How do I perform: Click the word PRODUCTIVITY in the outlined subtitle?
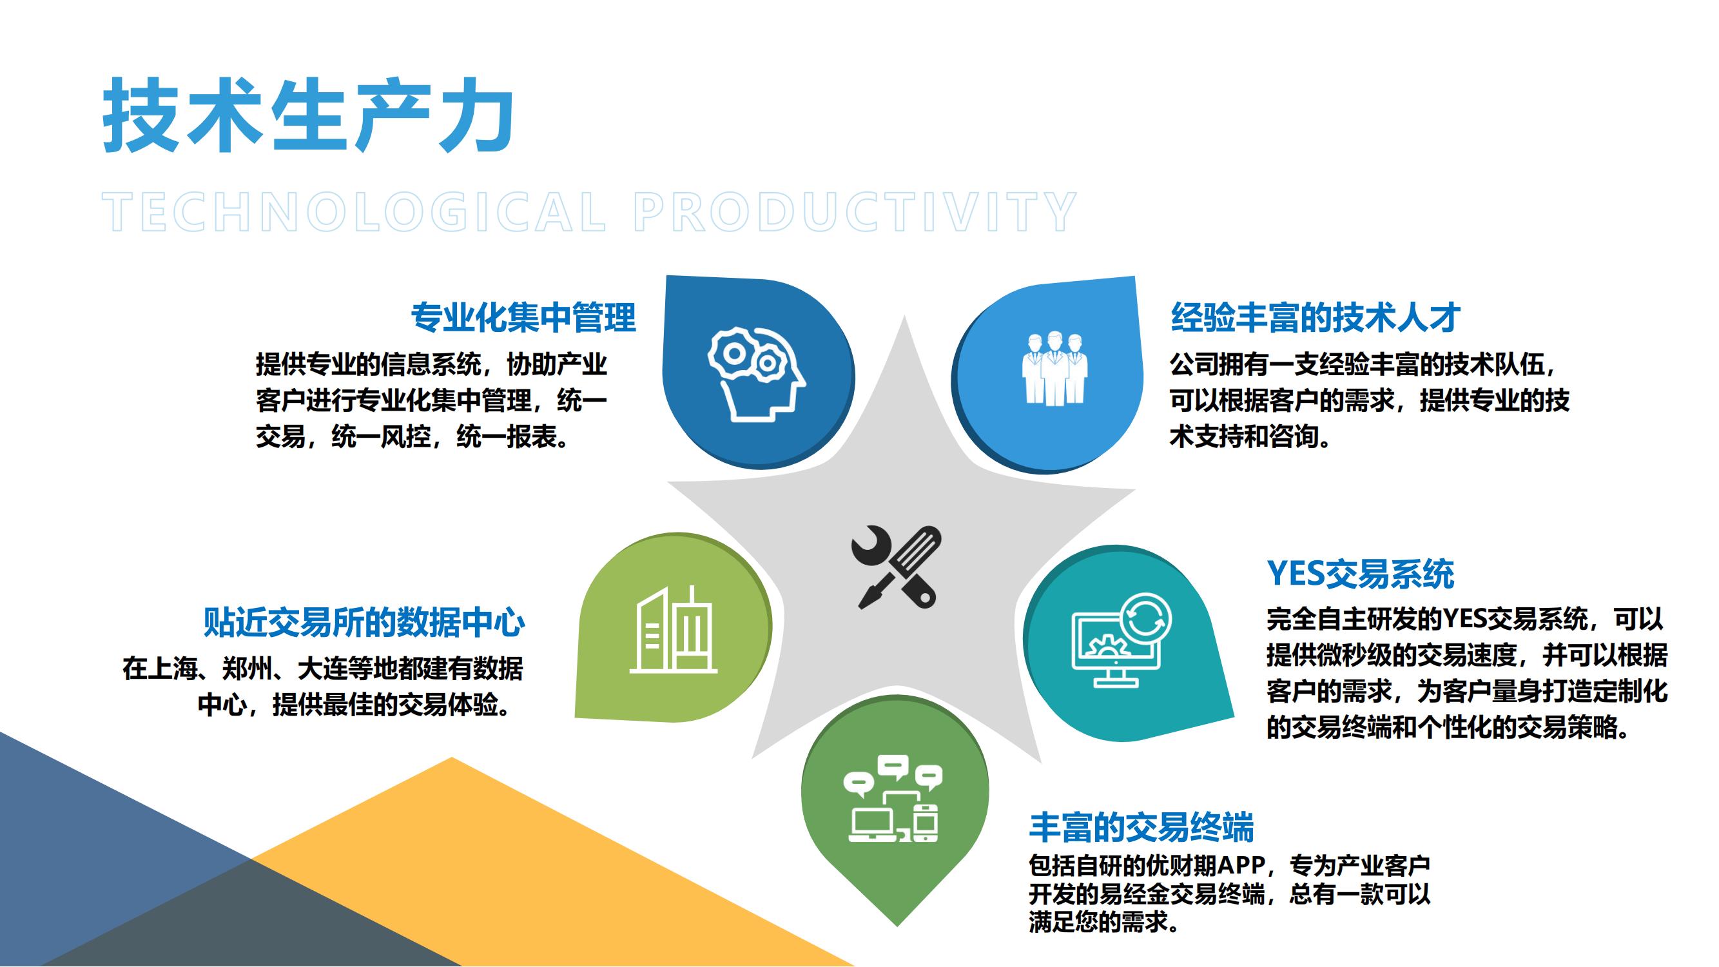855,212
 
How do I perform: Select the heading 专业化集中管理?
523,317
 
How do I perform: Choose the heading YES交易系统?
1361,573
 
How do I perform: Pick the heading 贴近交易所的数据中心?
364,622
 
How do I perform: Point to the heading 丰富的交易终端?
1141,827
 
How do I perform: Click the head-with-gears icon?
756,374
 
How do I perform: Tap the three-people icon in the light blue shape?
1054,368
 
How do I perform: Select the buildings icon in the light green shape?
674,629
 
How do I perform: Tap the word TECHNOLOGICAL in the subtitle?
354,212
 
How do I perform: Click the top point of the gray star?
905,316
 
